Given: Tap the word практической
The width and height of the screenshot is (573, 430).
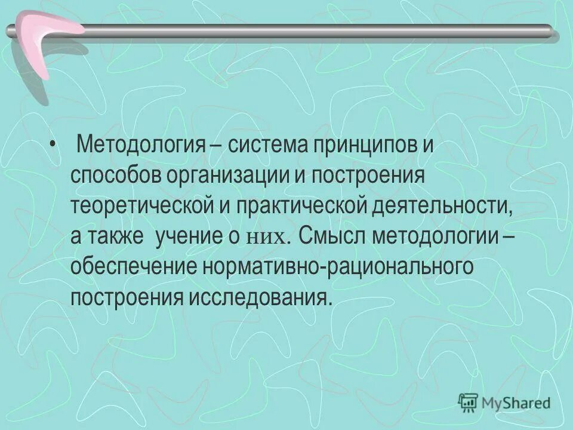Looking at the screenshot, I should pos(299,206).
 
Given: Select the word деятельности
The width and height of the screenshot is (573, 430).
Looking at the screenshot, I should pos(442,206).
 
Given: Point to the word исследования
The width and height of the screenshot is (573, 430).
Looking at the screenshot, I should pos(259,296).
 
